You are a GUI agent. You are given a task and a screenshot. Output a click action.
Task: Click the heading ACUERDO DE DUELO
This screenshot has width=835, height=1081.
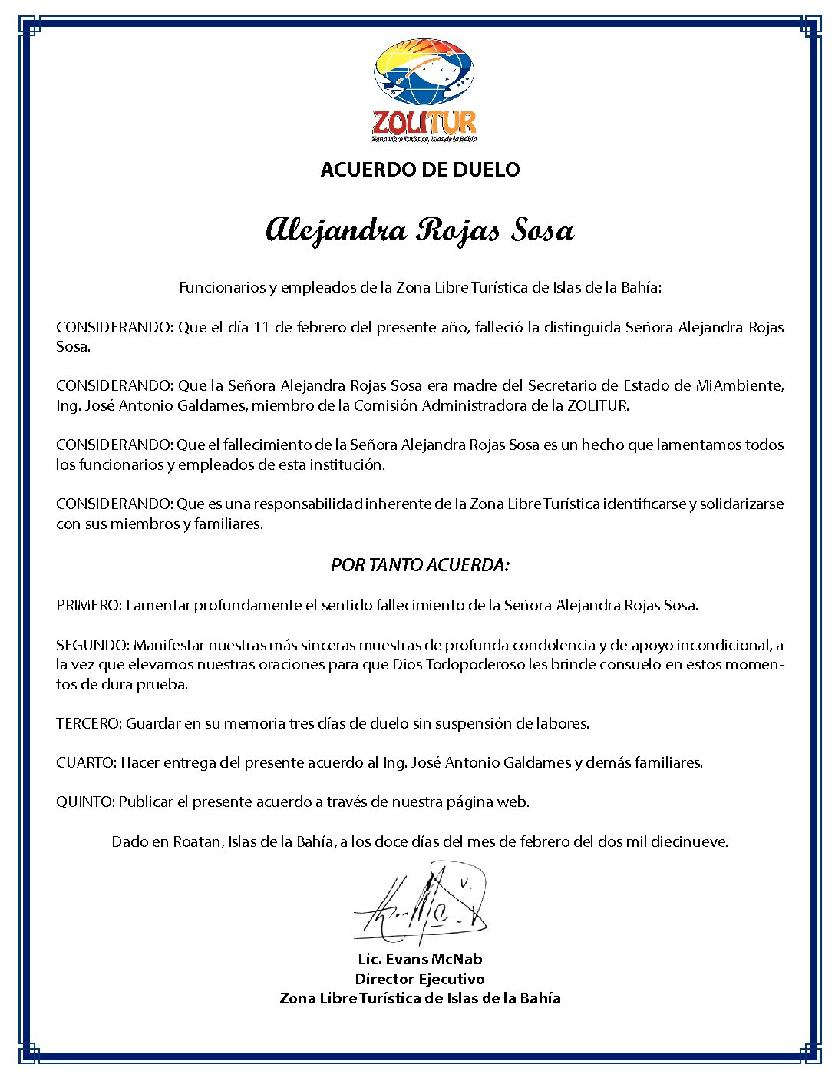pyautogui.click(x=420, y=170)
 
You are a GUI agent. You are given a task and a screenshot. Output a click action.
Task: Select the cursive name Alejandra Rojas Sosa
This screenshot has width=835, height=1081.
pyautogui.click(x=420, y=230)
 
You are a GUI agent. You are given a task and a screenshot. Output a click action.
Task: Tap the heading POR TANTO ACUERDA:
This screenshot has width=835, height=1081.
pyautogui.click(x=420, y=565)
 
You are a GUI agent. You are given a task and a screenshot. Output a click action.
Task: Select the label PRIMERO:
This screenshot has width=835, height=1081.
pyautogui.click(x=89, y=605)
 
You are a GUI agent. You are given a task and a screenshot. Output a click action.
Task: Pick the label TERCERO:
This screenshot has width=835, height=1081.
pyautogui.click(x=89, y=723)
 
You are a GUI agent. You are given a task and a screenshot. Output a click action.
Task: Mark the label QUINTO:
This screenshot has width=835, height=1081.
pyautogui.click(x=86, y=802)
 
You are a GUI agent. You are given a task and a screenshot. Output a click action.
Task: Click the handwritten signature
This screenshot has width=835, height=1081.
pyautogui.click(x=421, y=906)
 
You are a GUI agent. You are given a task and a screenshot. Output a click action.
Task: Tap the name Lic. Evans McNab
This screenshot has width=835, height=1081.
pyautogui.click(x=420, y=959)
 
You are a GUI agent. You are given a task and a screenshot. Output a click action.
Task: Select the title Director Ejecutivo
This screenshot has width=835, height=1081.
pyautogui.click(x=420, y=979)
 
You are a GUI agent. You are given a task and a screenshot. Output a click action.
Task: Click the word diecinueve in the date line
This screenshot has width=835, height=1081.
pyautogui.click(x=688, y=841)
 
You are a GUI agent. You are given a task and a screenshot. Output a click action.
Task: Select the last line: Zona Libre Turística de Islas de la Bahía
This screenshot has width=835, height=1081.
pyautogui.click(x=420, y=998)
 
